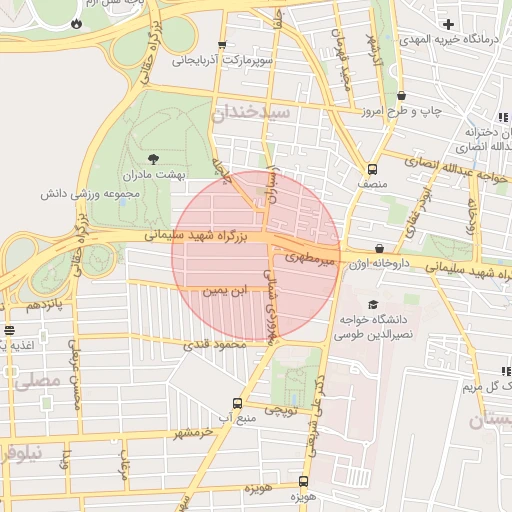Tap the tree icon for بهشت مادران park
(x=153, y=158)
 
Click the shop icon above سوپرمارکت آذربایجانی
(x=221, y=45)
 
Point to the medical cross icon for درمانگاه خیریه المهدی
(x=448, y=23)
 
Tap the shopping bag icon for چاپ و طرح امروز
(x=401, y=96)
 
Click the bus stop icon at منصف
(x=372, y=169)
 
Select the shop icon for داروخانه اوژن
(x=380, y=248)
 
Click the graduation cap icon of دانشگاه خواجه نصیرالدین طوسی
(x=373, y=305)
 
